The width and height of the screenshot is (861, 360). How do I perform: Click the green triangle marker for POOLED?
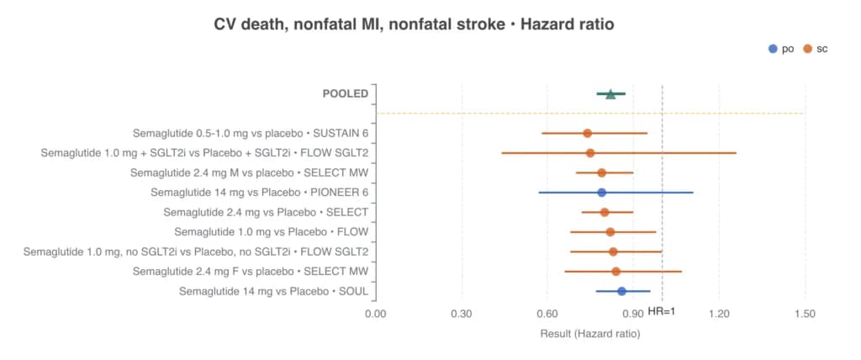610,94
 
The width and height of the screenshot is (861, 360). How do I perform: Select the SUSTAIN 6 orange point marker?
588,133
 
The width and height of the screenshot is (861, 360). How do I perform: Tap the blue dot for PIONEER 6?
602,193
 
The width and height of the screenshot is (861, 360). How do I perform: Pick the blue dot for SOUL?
621,291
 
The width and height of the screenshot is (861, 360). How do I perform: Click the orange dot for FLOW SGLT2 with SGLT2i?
590,153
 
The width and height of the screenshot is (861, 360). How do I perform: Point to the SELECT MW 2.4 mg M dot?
602,172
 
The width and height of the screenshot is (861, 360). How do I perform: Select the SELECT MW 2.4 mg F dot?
616,272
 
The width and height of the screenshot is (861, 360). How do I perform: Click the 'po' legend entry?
781,49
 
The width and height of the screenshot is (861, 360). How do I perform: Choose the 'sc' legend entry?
816,49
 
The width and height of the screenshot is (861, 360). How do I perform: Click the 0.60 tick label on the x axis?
547,315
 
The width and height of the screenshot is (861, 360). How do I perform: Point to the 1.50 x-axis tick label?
805,315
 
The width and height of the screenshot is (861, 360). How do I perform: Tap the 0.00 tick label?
376,315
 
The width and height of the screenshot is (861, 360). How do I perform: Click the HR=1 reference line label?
661,311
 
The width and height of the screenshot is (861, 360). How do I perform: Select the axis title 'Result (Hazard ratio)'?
590,334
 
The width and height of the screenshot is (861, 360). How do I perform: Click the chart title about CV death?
414,24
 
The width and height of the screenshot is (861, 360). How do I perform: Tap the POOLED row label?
346,94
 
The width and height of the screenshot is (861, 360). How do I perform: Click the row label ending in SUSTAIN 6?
251,134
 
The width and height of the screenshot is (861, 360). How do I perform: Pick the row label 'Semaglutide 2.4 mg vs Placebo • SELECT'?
266,213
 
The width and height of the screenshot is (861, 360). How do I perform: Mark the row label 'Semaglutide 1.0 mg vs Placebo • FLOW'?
272,232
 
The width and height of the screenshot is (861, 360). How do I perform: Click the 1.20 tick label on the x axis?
720,315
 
